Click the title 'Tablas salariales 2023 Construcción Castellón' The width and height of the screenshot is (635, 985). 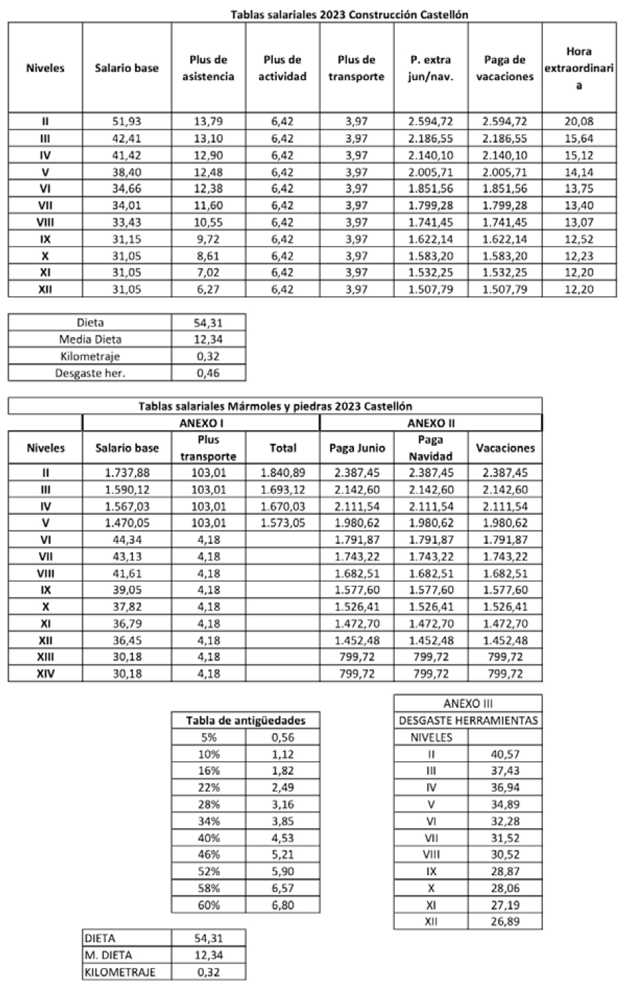click(349, 14)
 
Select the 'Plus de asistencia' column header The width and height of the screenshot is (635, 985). click(208, 68)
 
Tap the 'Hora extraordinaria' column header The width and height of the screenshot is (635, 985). click(578, 68)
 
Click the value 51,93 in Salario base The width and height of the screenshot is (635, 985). click(127, 122)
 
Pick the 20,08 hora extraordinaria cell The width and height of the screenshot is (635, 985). click(579, 122)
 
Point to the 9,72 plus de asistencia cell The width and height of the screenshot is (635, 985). click(208, 239)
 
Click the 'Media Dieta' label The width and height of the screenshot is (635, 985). click(90, 339)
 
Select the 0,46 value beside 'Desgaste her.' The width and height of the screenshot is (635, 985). click(209, 373)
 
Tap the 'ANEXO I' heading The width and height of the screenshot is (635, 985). click(201, 423)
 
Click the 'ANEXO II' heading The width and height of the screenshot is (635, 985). click(430, 423)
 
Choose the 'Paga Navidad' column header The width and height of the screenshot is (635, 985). click(431, 448)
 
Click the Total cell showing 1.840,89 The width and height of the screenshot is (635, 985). click(282, 472)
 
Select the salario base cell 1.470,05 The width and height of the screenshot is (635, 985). click(127, 523)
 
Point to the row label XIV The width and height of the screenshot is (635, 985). click(46, 673)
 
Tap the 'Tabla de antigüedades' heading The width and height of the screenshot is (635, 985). click(246, 720)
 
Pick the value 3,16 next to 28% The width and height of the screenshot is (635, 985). click(282, 804)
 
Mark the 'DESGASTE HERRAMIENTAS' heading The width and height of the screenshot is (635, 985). click(468, 720)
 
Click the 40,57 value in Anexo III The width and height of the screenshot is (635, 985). click(505, 754)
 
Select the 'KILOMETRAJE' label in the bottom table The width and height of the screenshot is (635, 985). click(120, 972)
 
